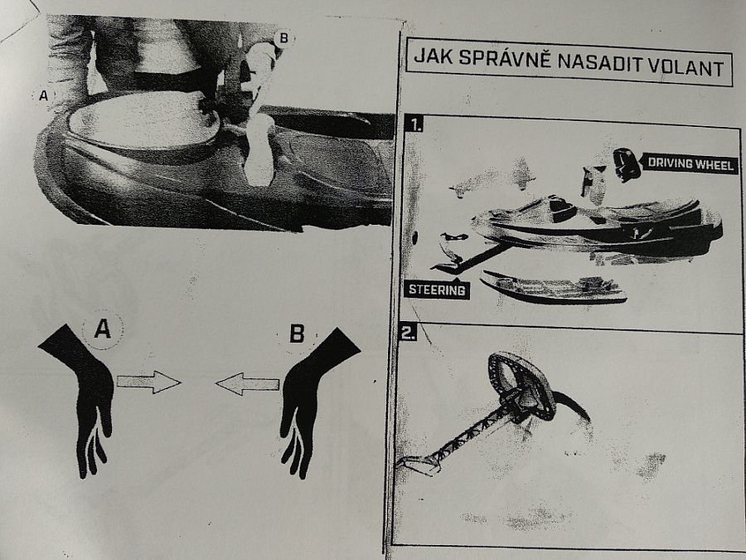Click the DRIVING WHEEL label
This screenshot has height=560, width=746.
click(x=690, y=164)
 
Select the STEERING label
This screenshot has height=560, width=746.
click(x=437, y=290)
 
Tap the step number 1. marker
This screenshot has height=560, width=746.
click(x=415, y=124)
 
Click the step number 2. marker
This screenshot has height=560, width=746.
click(x=409, y=333)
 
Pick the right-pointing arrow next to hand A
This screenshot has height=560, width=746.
click(x=149, y=382)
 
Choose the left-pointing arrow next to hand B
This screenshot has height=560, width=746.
click(x=247, y=384)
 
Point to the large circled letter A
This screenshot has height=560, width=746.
click(x=103, y=328)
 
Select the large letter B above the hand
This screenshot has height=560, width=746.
click(x=297, y=334)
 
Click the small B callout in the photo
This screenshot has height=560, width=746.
click(x=283, y=38)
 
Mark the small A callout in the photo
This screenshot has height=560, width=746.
click(x=43, y=95)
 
